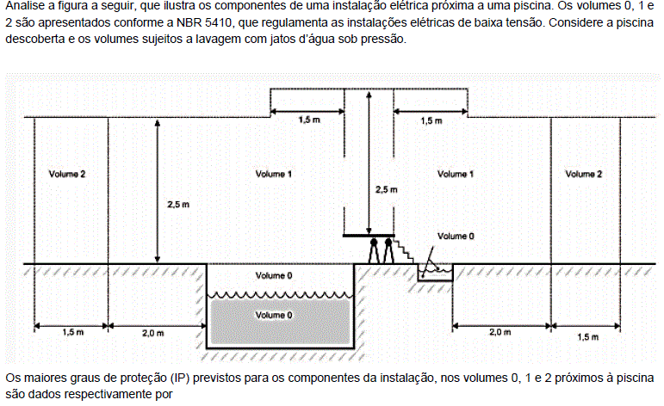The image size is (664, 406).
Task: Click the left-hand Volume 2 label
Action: point(67,174)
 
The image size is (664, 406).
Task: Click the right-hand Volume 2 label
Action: point(584,174)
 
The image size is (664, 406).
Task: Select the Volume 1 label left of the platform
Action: point(274,174)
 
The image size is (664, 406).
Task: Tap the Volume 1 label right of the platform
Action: point(456,174)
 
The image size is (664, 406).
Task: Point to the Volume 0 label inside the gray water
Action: point(274,315)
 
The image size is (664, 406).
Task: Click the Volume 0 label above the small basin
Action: point(456,236)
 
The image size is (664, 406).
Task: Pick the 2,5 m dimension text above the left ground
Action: point(178,205)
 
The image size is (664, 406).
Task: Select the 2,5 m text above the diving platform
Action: point(386,189)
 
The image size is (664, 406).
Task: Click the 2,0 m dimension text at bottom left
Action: point(153,333)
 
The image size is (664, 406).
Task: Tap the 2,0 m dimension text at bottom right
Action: point(500,332)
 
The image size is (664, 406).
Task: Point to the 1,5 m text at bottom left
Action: point(73,332)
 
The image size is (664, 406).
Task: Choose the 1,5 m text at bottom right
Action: point(587,337)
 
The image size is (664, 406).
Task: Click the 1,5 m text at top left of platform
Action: point(309,120)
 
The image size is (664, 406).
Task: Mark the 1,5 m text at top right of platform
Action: point(431,121)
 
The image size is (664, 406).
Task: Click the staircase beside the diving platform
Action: point(405,250)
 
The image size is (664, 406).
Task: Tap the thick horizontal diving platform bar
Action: point(369,235)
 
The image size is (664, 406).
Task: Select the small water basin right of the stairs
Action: point(435,272)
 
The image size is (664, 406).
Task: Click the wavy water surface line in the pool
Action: point(280,294)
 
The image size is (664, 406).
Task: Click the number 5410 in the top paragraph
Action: point(218,22)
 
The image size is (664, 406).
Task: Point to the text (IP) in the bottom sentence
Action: point(179,378)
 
